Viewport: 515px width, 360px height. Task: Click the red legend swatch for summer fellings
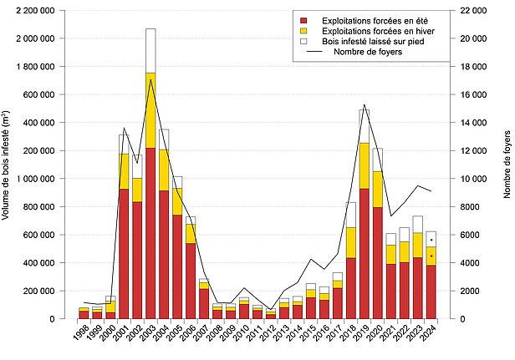[x=305, y=18]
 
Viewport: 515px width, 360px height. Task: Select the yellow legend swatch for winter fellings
[x=305, y=29]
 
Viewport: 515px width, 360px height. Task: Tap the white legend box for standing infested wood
[x=305, y=40]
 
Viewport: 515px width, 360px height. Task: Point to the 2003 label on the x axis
[x=148, y=336]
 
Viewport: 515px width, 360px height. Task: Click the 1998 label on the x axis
[x=81, y=336]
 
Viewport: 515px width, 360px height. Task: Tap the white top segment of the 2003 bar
[x=150, y=50]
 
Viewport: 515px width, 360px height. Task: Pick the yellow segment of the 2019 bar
[x=365, y=165]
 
